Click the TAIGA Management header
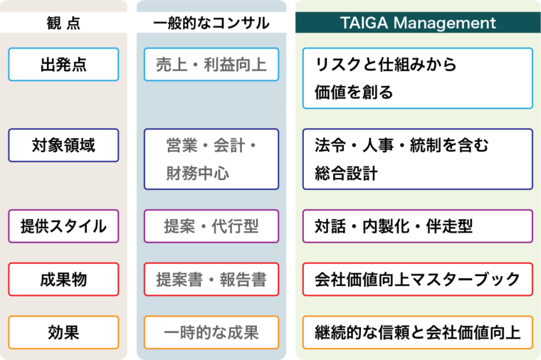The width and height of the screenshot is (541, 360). point(417,23)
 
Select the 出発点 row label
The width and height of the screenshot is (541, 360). point(63,65)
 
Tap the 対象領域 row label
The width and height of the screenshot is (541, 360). point(63,145)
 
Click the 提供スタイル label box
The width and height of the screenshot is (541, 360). point(63,226)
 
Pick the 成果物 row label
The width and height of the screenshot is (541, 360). point(63,279)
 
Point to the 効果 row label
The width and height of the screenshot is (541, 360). point(63,332)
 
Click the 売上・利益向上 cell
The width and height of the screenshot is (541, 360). point(211,65)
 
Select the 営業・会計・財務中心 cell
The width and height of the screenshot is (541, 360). point(211,159)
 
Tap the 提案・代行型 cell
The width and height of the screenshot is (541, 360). point(211,226)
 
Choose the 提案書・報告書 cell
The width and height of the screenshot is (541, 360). point(211,279)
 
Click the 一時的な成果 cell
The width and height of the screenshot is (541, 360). point(211,332)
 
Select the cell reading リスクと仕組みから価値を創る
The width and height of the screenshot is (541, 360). point(417,78)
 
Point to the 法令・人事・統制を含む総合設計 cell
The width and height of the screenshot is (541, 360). point(417,159)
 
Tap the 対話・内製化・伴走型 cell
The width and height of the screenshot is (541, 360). point(417,226)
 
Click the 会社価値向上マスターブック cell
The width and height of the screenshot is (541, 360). point(417,279)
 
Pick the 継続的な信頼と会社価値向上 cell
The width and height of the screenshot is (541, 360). point(417,332)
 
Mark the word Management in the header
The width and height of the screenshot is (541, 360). point(441,23)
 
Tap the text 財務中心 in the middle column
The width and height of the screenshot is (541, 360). point(197,173)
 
